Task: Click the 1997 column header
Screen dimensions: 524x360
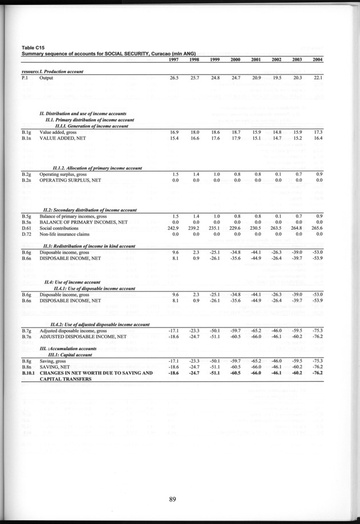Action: tap(174, 60)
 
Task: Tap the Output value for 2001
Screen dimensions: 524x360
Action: tap(255, 78)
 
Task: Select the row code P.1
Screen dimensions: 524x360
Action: tap(25, 78)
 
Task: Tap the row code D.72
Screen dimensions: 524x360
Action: tap(26, 234)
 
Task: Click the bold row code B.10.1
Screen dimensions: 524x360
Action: tap(29, 373)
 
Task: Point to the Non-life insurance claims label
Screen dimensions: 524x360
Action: tap(68, 234)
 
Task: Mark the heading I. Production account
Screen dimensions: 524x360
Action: tap(62, 71)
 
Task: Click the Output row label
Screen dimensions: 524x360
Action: tap(46, 78)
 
